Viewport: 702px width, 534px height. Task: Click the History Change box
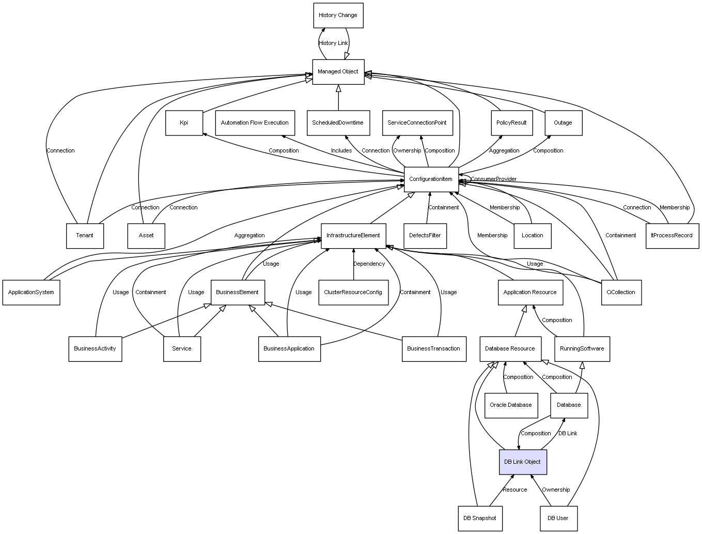pos(338,16)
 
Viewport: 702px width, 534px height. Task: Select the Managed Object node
pos(338,72)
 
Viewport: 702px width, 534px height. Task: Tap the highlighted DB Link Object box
pos(523,462)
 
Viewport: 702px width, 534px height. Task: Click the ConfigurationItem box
pos(431,179)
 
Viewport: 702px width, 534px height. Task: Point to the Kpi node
pos(184,123)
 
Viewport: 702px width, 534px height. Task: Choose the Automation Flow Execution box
pos(255,123)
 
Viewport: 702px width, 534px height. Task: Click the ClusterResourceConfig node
pos(353,293)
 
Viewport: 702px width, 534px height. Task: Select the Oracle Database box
pos(511,405)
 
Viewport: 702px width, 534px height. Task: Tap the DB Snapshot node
pos(480,518)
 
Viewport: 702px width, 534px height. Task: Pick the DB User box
pos(559,518)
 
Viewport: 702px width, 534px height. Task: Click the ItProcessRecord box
pos(672,236)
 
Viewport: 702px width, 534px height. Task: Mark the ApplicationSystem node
pos(31,293)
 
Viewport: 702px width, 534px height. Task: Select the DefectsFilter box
pos(425,236)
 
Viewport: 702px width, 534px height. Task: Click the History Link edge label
pos(333,43)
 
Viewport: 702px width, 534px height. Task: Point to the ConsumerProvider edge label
pos(493,179)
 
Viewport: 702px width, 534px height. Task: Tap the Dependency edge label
pos(369,264)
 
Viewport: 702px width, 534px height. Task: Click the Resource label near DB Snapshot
pos(515,490)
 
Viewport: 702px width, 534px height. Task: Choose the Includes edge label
pos(341,151)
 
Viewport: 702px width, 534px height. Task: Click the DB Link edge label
pos(568,434)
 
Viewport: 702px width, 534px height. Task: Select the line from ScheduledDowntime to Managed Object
pos(338,98)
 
